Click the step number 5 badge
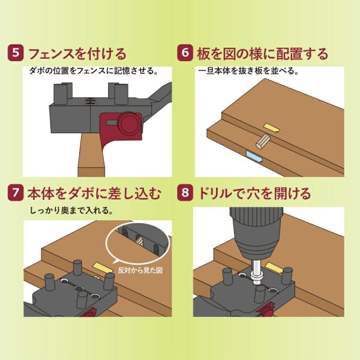(16, 53)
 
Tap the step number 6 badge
(185, 53)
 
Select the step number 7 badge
(16, 193)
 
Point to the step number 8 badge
(185, 193)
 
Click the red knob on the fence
(129, 124)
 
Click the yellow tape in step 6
(272, 128)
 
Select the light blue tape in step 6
(255, 157)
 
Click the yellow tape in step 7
(103, 268)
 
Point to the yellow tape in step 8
(274, 268)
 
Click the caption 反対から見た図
(140, 271)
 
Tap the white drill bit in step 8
(256, 272)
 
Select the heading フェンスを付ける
(77, 54)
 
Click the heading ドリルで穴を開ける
(254, 193)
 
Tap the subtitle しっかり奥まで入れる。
(71, 211)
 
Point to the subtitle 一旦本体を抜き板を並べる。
(248, 71)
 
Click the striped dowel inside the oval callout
(139, 241)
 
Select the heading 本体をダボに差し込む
(94, 193)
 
